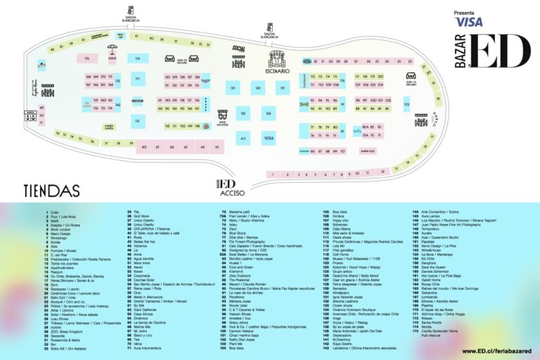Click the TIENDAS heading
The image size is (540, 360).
(51, 190)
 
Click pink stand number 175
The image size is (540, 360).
(87, 58)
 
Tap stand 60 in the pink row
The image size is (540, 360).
(143, 147)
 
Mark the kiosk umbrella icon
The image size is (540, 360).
(112, 51)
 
